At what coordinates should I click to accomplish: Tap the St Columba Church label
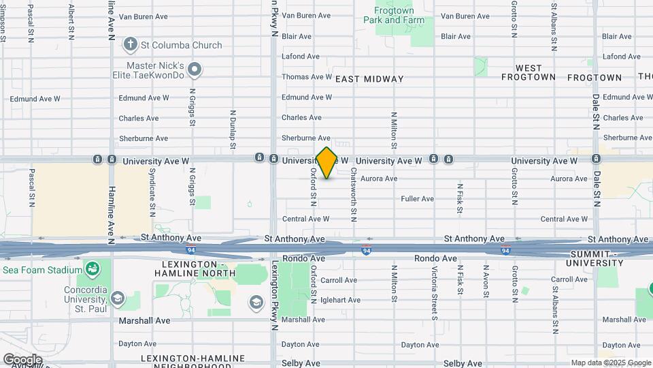pos(181,45)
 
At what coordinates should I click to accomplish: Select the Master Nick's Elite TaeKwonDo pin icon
pos(195,69)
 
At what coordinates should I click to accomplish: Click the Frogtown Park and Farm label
pos(394,15)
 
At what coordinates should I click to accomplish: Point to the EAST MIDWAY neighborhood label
pos(369,79)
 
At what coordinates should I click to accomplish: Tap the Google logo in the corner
pos(22,359)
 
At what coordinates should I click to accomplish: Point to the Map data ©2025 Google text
pos(611,363)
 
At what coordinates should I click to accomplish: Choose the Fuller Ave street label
pos(417,199)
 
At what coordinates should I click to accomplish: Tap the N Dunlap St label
pos(233,129)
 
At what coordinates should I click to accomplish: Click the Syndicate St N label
pos(152,189)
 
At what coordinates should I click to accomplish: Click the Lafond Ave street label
pos(300,57)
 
